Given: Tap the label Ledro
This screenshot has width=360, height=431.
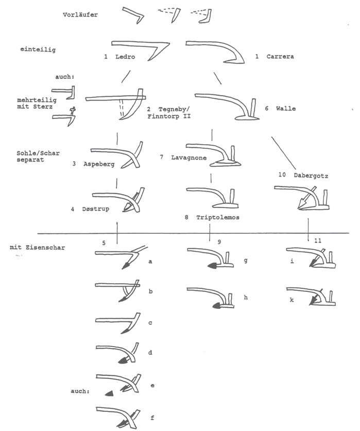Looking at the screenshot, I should tap(125, 57).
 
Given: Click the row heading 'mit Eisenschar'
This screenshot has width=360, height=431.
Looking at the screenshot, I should tap(34, 248).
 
